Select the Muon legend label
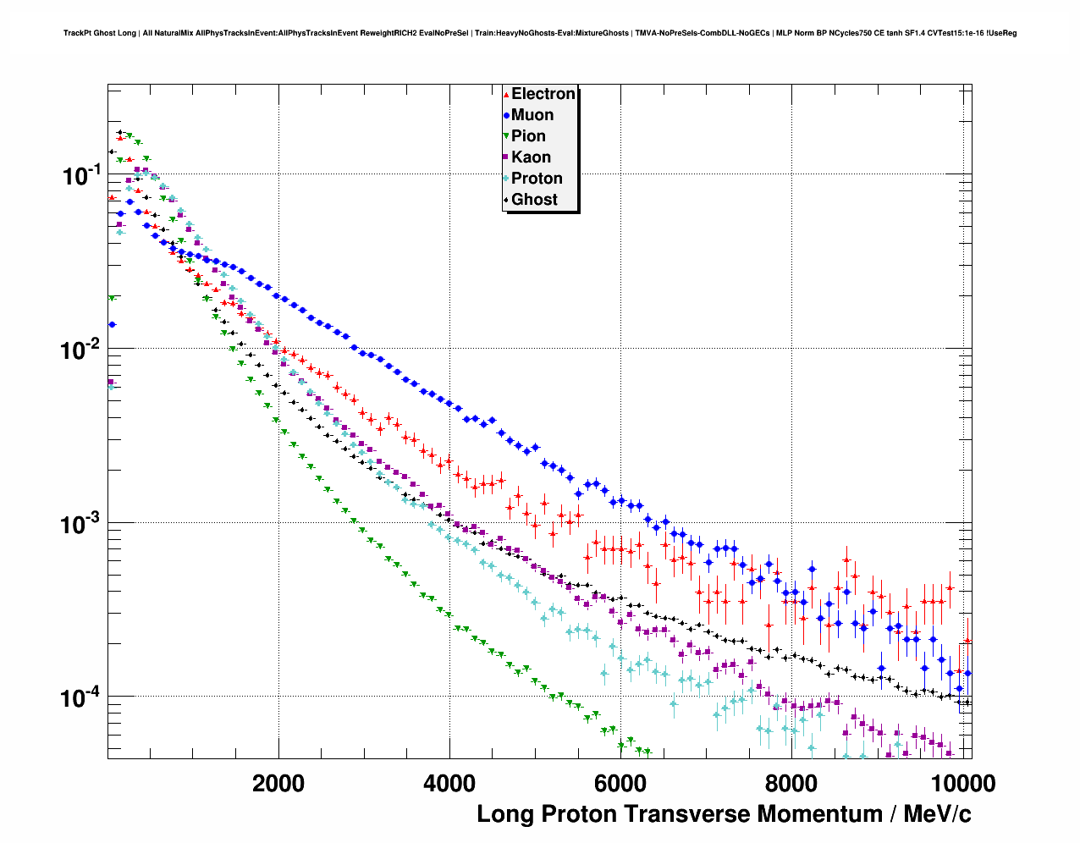click(532, 115)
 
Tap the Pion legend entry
click(528, 136)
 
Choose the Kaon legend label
click(531, 157)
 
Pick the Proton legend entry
click(537, 179)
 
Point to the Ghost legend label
click(534, 200)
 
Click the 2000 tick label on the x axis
click(278, 783)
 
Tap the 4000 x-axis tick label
click(449, 783)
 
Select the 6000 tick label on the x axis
click(620, 783)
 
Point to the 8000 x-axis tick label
click(791, 783)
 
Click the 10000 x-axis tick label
click(962, 783)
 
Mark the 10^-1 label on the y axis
click(81, 176)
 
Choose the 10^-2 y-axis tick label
click(81, 350)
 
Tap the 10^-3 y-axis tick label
click(81, 524)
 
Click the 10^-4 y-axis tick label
click(81, 697)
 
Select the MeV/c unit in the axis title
click(937, 814)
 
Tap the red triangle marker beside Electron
click(506, 95)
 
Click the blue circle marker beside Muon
click(506, 116)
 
